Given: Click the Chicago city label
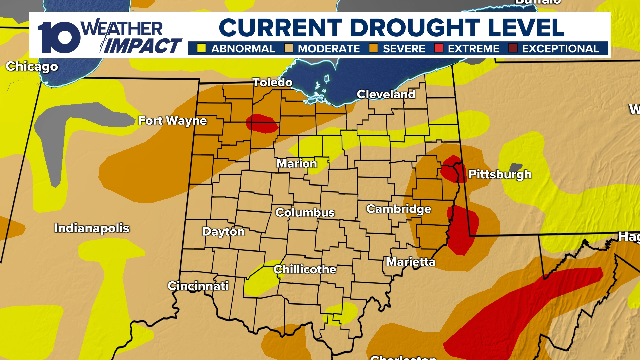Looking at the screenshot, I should click(32, 67).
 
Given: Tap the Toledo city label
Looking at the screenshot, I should click(272, 82).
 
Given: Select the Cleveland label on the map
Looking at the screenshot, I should click(386, 94).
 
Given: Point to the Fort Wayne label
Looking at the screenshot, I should click(172, 121).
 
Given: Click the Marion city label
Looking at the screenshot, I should click(297, 164).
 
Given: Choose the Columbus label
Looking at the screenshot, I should click(305, 213).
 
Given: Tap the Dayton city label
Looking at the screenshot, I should click(223, 232).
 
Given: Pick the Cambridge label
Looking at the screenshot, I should click(399, 209).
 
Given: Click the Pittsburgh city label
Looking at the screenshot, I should click(500, 174).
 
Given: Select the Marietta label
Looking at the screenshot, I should click(411, 262).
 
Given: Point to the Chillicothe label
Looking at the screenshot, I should click(305, 269).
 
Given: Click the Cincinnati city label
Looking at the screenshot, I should click(198, 286).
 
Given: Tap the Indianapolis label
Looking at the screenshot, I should click(92, 228).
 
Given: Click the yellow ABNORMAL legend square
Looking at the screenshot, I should click(201, 48).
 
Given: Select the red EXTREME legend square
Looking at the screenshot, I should click(439, 48).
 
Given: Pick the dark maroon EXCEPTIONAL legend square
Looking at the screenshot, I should click(513, 48).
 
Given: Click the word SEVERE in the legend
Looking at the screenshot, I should click(404, 49).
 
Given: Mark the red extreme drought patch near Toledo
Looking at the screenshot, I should click(262, 124).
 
